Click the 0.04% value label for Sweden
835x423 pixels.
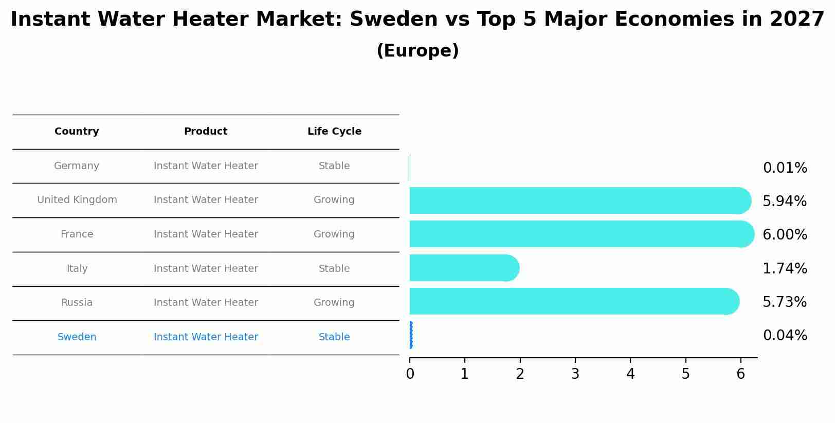(785, 336)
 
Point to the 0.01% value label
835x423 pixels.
(785, 168)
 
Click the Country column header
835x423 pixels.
(77, 132)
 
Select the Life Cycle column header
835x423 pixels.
(334, 132)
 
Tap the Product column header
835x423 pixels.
(206, 132)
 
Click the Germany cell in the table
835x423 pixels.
(77, 166)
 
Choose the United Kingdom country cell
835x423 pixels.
(77, 200)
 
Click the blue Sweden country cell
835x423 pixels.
(77, 337)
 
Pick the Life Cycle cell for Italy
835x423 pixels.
(334, 269)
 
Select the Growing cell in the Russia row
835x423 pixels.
(334, 303)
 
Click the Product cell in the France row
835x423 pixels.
(206, 234)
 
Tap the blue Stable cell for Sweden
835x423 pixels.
(334, 337)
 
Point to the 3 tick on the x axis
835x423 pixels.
(575, 374)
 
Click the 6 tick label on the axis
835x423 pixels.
(740, 374)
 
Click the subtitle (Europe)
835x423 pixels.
(417, 51)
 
